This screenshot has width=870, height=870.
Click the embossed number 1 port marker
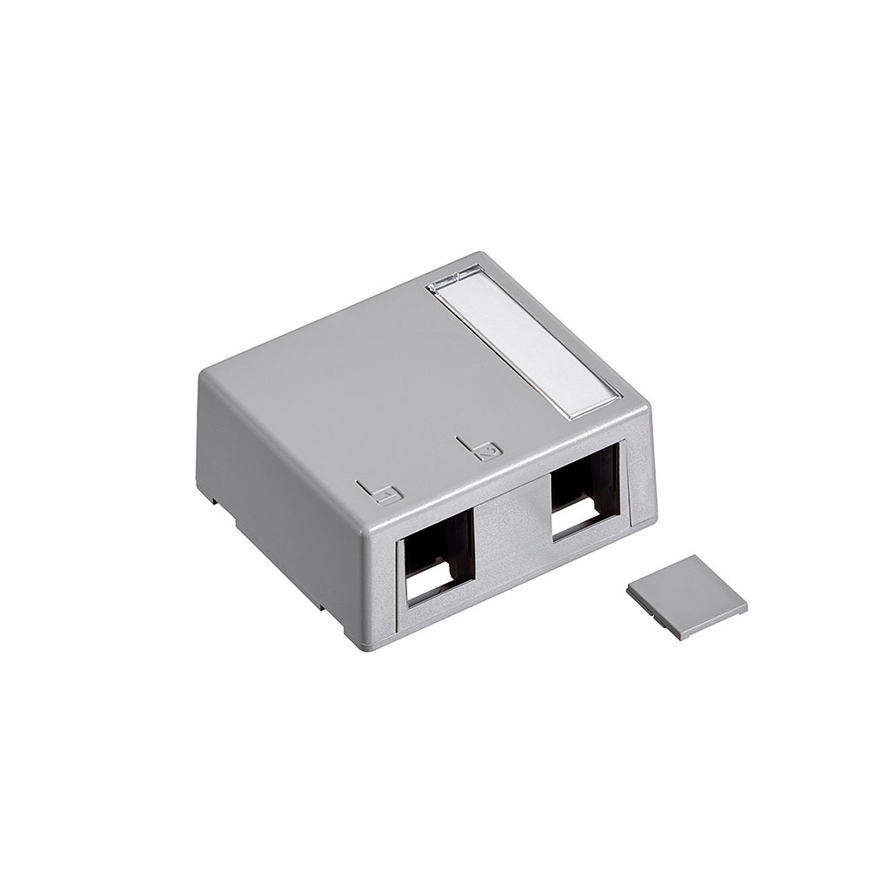(388, 494)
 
